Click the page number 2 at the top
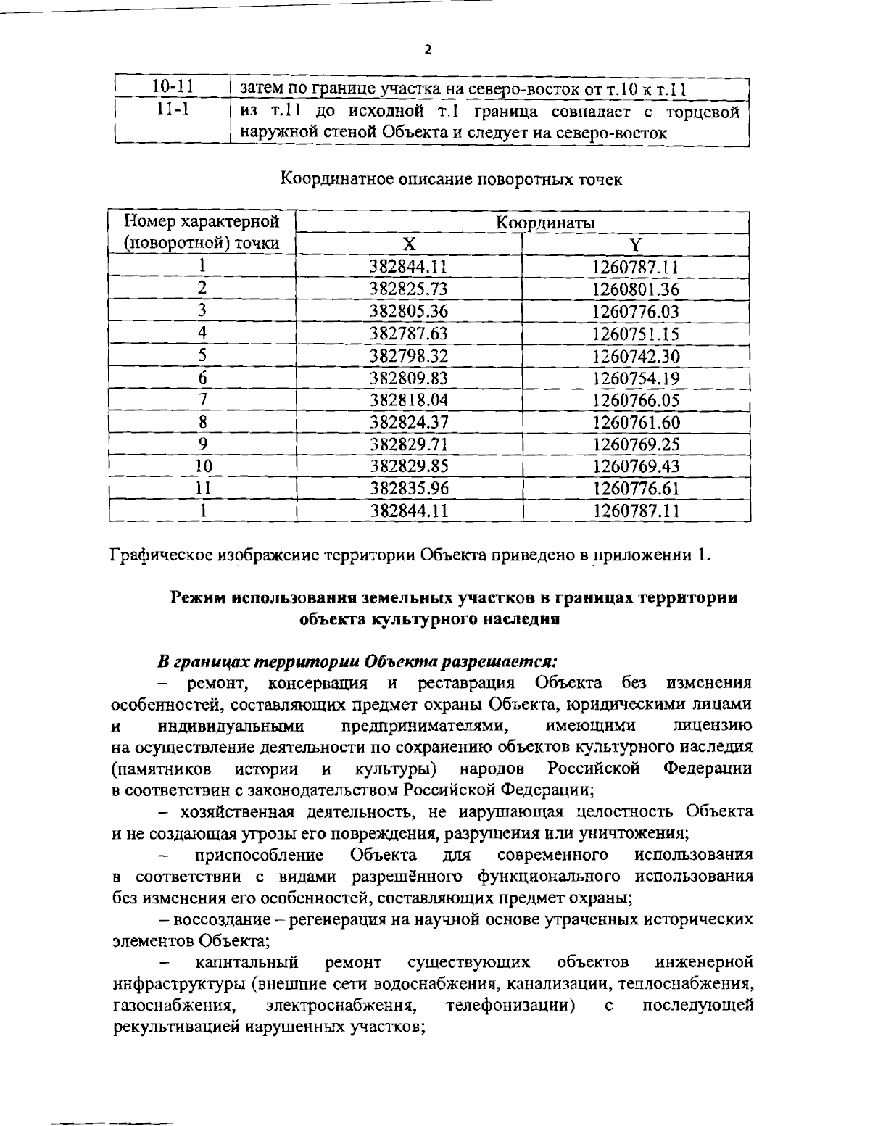(428, 50)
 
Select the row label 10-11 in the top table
(172, 88)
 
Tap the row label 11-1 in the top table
(172, 112)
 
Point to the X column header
(408, 243)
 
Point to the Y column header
(635, 243)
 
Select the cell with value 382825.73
(409, 289)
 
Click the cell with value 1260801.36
(636, 289)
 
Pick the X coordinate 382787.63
(409, 334)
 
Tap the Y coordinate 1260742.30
(636, 356)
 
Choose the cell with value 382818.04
(409, 400)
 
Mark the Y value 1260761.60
(636, 422)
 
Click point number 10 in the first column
(203, 466)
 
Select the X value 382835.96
(409, 488)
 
